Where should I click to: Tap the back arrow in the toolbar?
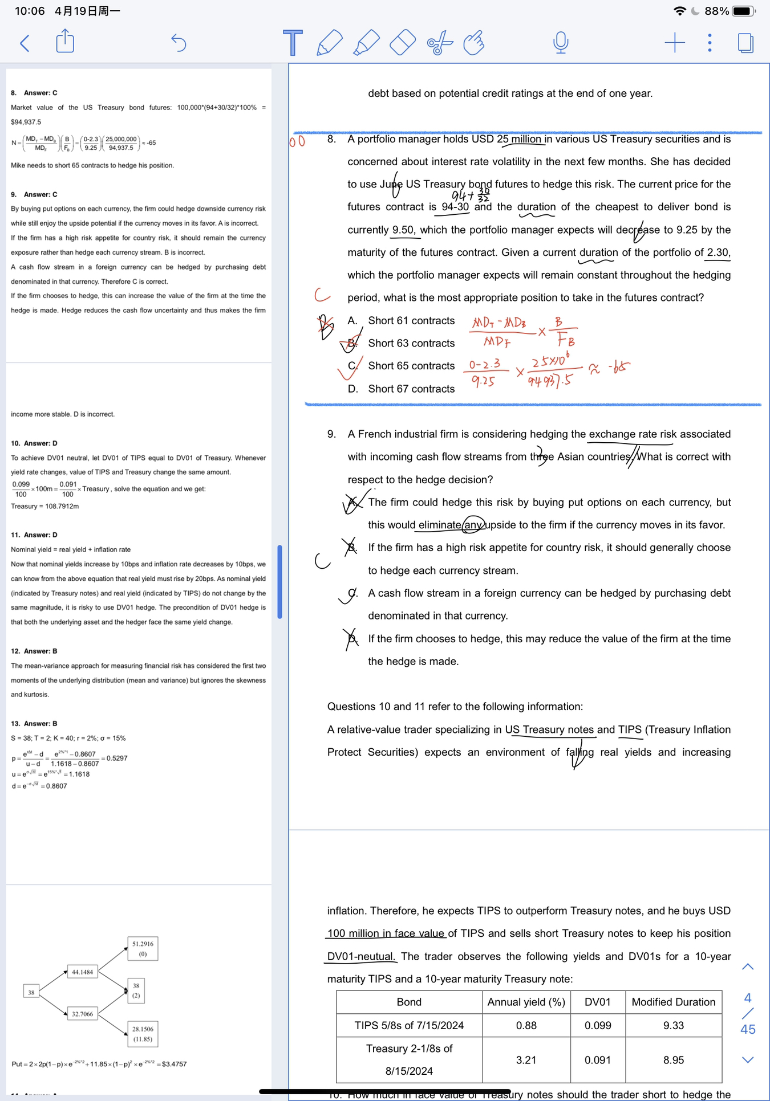pyautogui.click(x=25, y=43)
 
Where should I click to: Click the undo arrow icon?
pyautogui.click(x=179, y=43)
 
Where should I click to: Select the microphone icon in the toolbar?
pyautogui.click(x=561, y=43)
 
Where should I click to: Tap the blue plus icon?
pyautogui.click(x=675, y=43)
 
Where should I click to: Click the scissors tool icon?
pyautogui.click(x=439, y=43)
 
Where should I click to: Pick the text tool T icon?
pyautogui.click(x=293, y=43)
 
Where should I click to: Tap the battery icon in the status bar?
pyautogui.click(x=744, y=11)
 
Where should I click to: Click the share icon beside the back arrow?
pyautogui.click(x=65, y=43)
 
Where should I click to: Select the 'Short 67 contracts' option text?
pyautogui.click(x=411, y=389)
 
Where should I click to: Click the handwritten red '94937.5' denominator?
pyautogui.click(x=550, y=380)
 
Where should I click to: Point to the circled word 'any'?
pyautogui.click(x=473, y=524)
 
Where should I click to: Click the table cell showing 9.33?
pyautogui.click(x=673, y=1025)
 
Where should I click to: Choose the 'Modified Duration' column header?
pyautogui.click(x=673, y=1002)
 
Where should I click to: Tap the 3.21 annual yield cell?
pyautogui.click(x=526, y=1060)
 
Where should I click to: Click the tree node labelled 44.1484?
pyautogui.click(x=82, y=972)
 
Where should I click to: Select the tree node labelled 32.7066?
pyautogui.click(x=82, y=1014)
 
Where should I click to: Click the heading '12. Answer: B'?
pyautogui.click(x=34, y=651)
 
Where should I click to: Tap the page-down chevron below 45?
pyautogui.click(x=748, y=1060)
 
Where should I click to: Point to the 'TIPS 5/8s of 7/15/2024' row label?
pyautogui.click(x=409, y=1025)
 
